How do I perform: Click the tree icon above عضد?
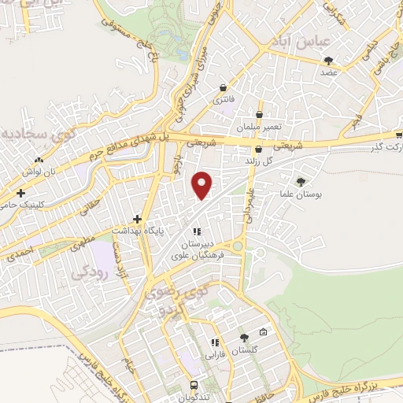(x=328, y=61)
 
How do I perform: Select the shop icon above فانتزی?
(x=224, y=87)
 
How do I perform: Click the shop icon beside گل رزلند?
(x=257, y=150)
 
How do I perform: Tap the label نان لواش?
(x=38, y=171)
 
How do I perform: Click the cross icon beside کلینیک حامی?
(x=20, y=193)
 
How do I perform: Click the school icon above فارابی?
(x=213, y=342)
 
